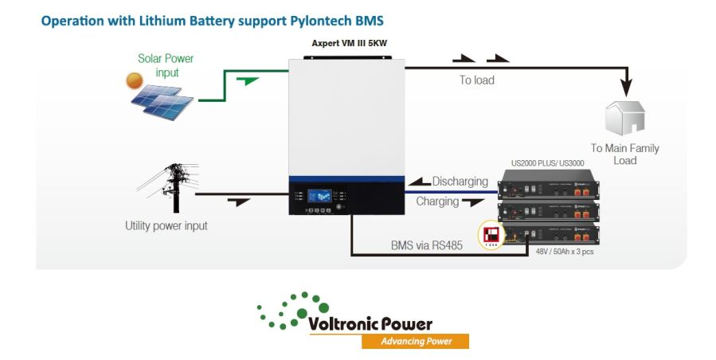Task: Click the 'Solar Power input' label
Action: [166, 65]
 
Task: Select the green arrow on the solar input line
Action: [248, 80]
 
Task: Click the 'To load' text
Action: [476, 80]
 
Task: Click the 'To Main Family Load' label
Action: [624, 154]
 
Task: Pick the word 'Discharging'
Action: [460, 182]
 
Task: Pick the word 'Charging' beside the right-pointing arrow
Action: [437, 202]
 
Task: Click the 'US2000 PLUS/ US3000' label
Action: [547, 163]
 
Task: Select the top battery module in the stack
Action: [548, 190]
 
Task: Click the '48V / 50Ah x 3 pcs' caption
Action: [564, 252]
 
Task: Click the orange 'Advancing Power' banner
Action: [414, 341]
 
